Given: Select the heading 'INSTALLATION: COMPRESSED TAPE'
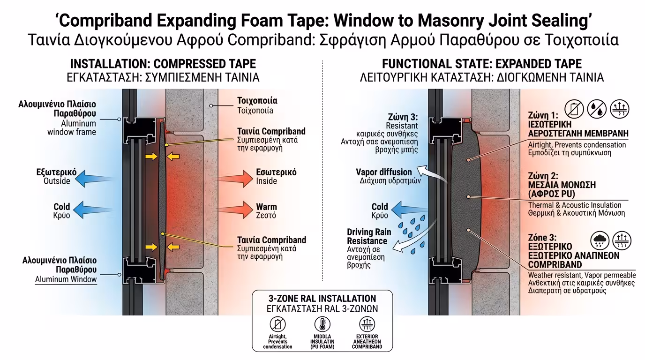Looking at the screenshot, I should tap(163, 64).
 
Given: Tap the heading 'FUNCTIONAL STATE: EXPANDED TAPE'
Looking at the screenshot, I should tap(482, 64).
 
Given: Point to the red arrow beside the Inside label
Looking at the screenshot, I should tap(234, 177).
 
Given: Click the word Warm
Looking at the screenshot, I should tap(266, 207).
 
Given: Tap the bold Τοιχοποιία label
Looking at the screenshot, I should tap(257, 100).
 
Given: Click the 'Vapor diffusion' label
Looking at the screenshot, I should tap(384, 172).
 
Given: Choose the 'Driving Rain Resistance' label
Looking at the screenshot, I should tap(369, 236).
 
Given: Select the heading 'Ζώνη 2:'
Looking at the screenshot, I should tap(543, 176).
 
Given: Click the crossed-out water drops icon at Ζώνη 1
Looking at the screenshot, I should tap(597, 109).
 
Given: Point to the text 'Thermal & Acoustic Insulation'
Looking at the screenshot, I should tap(575, 205).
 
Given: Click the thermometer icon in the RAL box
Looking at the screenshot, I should tap(322, 324).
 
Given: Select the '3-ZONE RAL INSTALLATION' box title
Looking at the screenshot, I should tap(322, 298).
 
